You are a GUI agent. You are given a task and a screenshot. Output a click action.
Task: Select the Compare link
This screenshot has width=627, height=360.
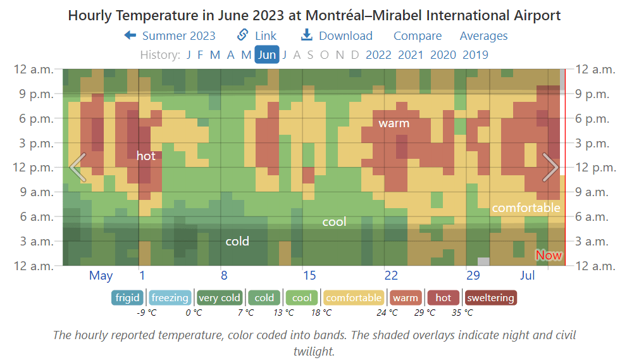point(418,36)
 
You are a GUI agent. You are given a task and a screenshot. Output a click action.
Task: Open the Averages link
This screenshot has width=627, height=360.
point(483,36)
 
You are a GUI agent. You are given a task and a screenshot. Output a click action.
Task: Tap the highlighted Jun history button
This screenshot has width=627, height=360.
point(267,54)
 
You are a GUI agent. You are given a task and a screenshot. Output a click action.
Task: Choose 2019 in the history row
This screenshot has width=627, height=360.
point(475,54)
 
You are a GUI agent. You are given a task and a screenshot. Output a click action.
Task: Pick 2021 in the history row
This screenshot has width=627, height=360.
point(411,54)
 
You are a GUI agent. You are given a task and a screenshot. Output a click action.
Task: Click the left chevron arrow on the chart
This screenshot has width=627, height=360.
point(77,167)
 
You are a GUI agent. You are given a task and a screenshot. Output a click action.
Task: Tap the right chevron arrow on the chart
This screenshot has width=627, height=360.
point(550,167)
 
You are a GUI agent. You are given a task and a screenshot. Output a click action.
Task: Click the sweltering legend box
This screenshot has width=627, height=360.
point(490,297)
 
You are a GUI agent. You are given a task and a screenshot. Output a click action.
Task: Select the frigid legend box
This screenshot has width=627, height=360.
point(128,297)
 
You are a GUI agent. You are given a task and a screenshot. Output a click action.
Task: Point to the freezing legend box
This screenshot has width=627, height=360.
point(170,297)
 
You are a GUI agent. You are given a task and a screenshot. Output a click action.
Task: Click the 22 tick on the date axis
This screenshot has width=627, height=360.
point(391,275)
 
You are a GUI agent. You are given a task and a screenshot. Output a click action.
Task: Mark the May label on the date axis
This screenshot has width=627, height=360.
point(101,275)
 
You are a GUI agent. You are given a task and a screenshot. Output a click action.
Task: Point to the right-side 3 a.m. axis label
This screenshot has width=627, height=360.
point(595,241)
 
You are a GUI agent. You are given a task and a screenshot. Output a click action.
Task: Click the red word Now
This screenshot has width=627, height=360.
point(549,255)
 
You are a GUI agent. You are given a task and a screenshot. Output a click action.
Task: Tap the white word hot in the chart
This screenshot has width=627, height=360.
point(146,156)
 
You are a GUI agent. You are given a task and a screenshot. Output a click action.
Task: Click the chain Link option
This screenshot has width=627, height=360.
point(257,36)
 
